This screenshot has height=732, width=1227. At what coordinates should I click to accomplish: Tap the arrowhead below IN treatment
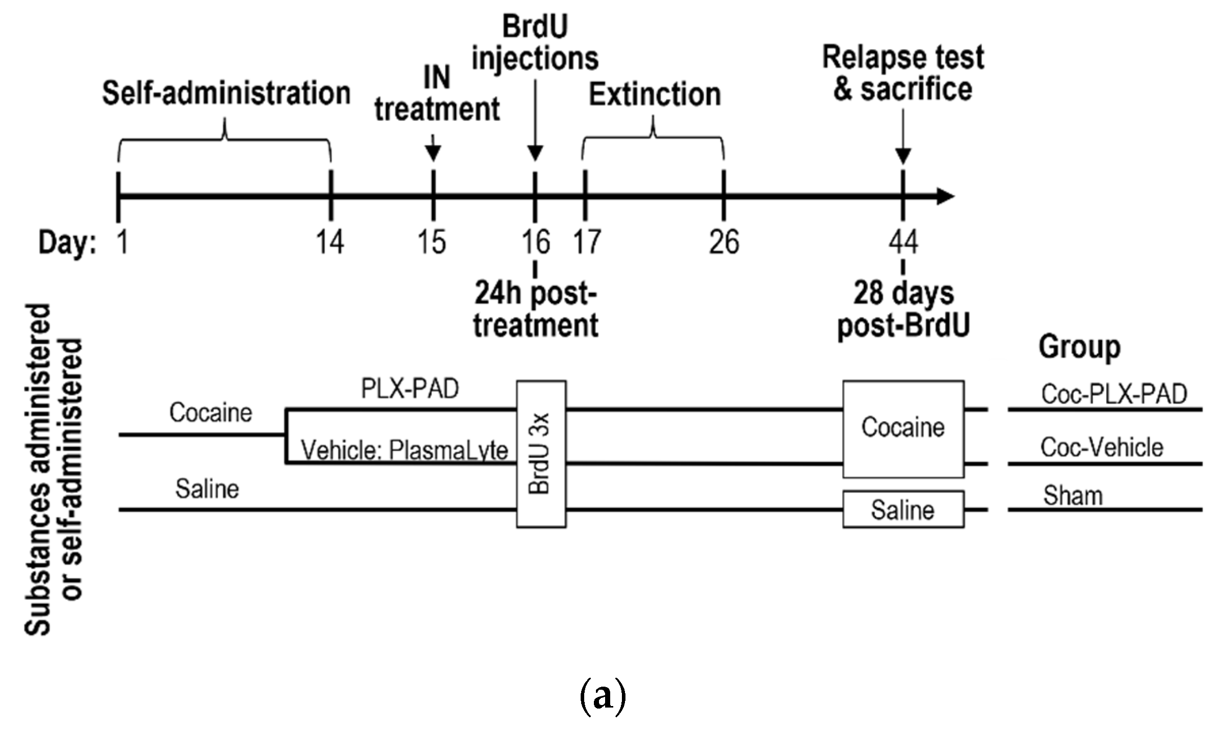click(433, 153)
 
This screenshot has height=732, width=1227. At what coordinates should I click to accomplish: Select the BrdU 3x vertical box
click(541, 454)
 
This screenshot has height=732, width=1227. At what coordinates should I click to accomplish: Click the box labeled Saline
click(903, 509)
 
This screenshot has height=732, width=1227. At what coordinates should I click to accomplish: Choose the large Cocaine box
click(903, 428)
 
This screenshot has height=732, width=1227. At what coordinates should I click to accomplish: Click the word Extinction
click(655, 95)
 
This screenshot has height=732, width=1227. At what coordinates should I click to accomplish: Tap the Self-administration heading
click(226, 93)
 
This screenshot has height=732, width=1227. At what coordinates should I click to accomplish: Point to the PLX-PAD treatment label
click(410, 389)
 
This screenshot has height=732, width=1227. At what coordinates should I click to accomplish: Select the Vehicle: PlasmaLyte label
click(404, 450)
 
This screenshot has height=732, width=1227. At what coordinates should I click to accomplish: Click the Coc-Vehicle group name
click(1102, 448)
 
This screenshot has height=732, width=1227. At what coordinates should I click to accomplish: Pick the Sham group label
click(1073, 496)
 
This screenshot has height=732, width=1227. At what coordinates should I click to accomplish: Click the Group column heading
click(1079, 347)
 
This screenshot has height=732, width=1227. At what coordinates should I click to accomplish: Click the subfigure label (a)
click(603, 696)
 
